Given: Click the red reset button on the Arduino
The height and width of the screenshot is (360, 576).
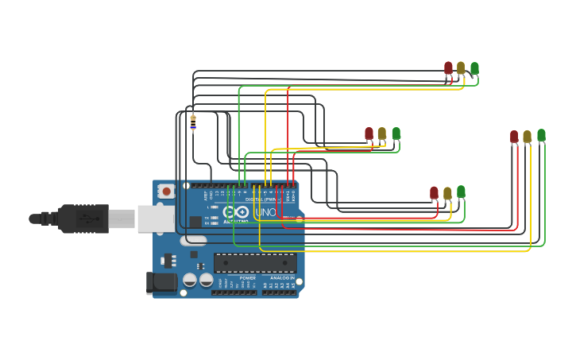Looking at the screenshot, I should click(166, 191).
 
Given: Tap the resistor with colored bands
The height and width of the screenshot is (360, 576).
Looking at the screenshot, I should click(193, 123).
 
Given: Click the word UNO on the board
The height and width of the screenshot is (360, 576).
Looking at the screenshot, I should click(266, 213).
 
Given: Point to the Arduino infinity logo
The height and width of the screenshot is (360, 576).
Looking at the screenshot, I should click(237, 212).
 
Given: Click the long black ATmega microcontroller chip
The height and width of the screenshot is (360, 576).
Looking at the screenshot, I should click(255, 263).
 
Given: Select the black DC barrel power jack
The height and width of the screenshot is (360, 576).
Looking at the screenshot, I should click(161, 282).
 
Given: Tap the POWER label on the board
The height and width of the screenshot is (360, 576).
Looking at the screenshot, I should click(247, 278).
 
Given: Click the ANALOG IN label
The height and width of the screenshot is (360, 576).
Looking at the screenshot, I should click(282, 278).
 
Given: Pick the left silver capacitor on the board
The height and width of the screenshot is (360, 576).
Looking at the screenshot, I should click(190, 280).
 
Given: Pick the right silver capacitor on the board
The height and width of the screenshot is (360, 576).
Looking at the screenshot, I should click(207, 280).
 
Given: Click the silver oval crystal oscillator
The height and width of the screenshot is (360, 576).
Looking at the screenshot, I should click(193, 240).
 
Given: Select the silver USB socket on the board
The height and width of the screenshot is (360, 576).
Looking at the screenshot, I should click(155, 219).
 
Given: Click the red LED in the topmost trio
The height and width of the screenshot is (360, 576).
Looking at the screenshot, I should click(448, 68).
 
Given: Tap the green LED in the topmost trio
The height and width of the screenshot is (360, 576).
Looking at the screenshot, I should click(474, 68).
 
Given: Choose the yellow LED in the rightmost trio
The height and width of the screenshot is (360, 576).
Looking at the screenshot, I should click(527, 137).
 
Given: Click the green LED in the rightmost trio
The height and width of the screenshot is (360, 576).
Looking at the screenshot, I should click(541, 135).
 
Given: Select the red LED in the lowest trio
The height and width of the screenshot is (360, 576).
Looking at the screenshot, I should click(434, 193).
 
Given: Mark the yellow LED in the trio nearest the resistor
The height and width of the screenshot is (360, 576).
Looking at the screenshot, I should click(382, 134).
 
